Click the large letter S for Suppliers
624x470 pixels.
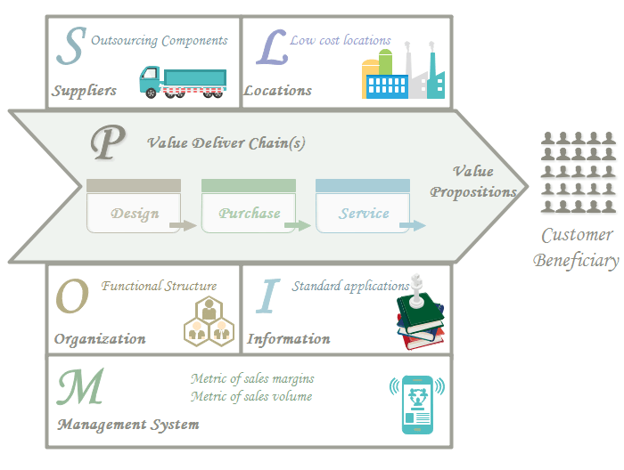[69, 49]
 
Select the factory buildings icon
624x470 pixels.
[402, 70]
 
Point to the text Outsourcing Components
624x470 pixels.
[160, 40]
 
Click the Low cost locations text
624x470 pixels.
[341, 40]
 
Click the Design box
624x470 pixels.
[135, 214]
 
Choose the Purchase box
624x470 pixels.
[249, 214]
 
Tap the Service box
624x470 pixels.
[364, 214]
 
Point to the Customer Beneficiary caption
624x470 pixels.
[577, 248]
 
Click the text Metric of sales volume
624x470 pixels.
[251, 396]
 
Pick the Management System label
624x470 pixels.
[128, 425]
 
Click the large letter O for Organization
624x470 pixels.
[72, 297]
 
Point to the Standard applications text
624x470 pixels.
[351, 286]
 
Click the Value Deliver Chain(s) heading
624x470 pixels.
[226, 142]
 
